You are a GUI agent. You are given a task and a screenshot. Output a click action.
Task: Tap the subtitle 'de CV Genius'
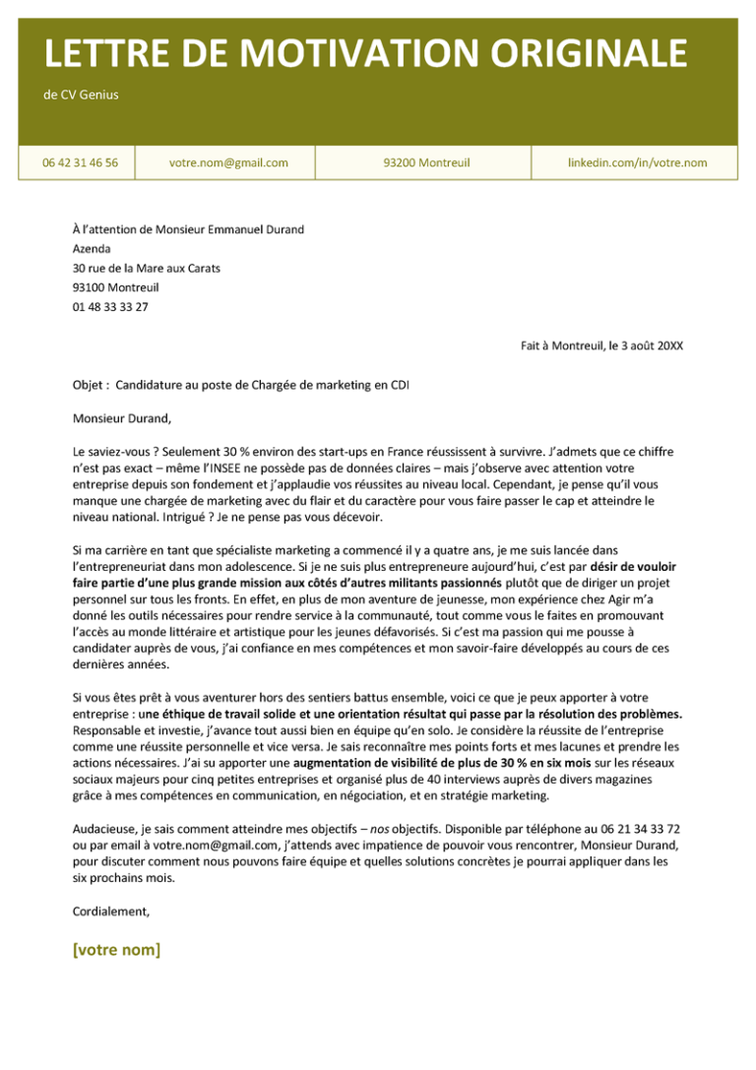tap(82, 95)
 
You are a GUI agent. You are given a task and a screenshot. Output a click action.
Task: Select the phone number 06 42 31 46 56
tap(80, 162)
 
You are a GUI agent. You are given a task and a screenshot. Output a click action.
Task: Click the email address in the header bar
tap(228, 162)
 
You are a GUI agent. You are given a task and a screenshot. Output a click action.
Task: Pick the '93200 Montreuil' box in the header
tap(426, 162)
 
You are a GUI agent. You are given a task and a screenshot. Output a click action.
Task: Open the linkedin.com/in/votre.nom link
tap(637, 162)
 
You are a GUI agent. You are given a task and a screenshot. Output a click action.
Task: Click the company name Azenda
tap(92, 249)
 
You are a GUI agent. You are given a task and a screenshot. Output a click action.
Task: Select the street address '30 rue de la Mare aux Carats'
tap(147, 268)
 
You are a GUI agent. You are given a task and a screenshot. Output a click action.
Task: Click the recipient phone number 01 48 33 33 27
tap(110, 307)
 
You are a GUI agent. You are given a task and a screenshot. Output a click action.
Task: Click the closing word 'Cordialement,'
tap(111, 912)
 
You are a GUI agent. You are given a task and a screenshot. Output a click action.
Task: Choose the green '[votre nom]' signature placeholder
tap(116, 950)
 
